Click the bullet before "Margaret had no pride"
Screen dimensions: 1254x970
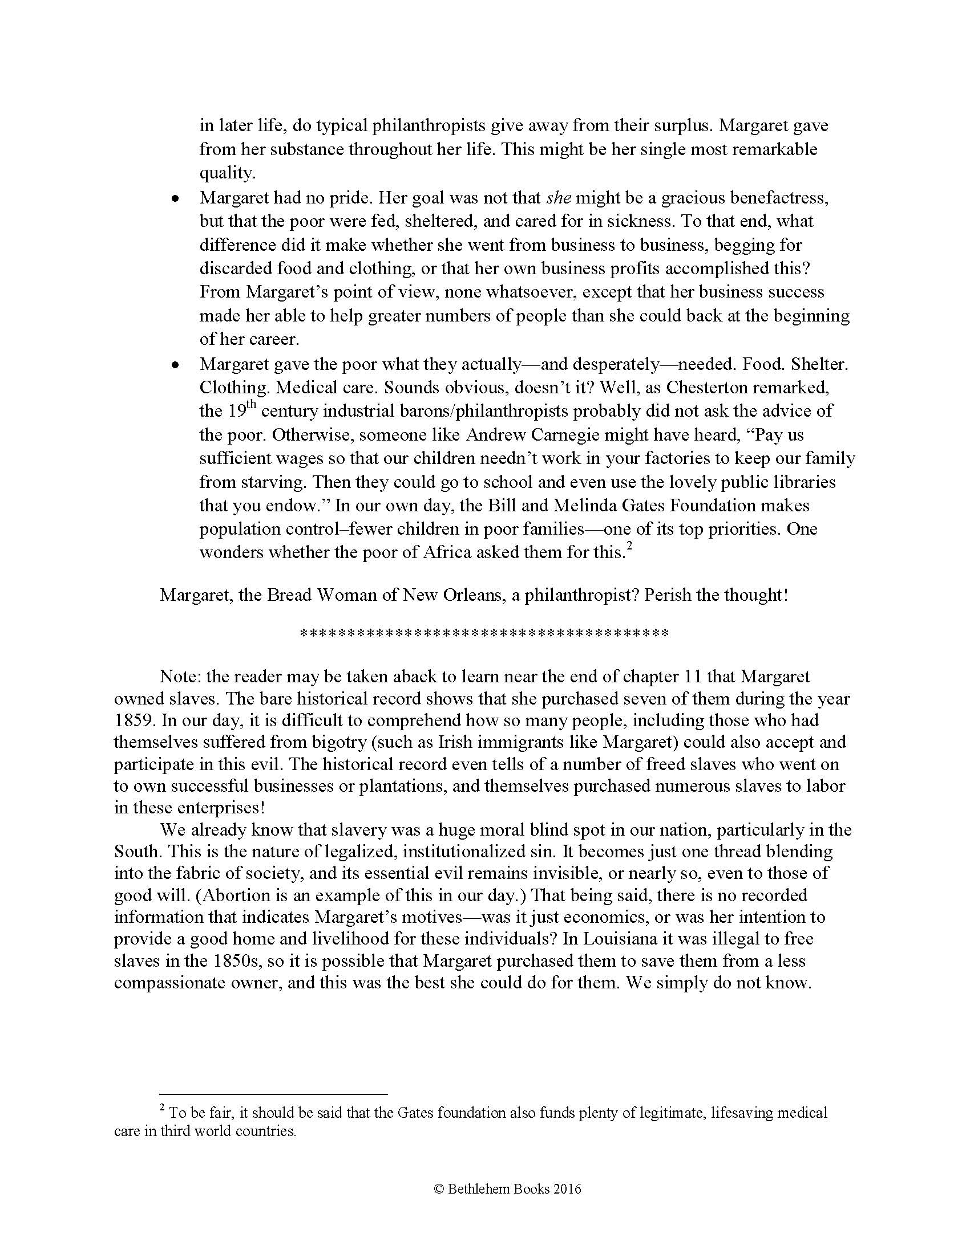tap(176, 199)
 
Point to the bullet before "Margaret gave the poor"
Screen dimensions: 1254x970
tap(176, 365)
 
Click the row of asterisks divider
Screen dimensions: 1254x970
tap(484, 634)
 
